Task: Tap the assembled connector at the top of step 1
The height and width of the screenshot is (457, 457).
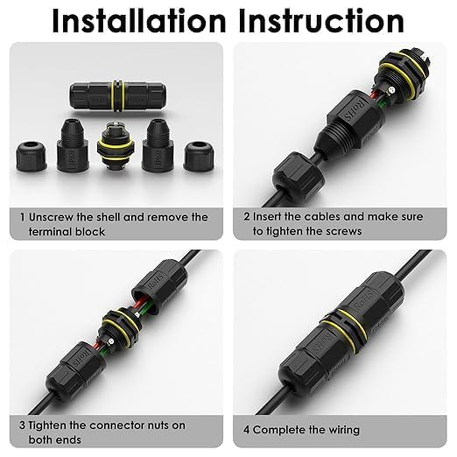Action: pos(118,95)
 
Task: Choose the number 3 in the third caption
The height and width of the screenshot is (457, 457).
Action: pos(22,425)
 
